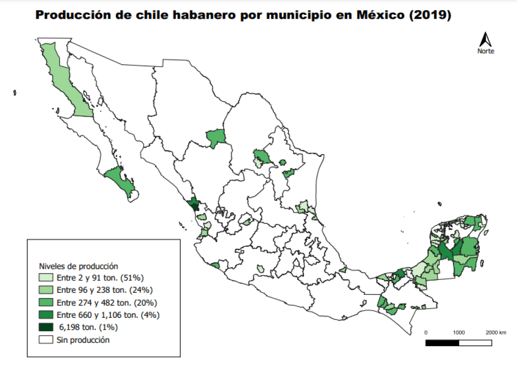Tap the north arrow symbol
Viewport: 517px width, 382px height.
point(485,39)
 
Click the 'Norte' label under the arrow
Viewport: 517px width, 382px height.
point(485,51)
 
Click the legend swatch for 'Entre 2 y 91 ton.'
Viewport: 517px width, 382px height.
point(46,278)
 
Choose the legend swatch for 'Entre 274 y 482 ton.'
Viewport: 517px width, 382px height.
point(46,302)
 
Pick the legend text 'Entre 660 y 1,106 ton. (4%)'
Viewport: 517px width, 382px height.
point(108,315)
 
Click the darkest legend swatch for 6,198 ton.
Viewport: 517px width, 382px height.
point(46,327)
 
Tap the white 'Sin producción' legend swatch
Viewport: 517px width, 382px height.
point(46,340)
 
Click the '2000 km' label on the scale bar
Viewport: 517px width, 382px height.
point(495,333)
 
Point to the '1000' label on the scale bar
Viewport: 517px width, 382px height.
point(459,333)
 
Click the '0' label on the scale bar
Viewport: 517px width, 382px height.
point(426,333)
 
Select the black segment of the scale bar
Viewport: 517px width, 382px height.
point(442,343)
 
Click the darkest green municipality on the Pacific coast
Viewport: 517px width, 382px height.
point(194,205)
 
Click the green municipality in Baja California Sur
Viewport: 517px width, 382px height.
point(119,180)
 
